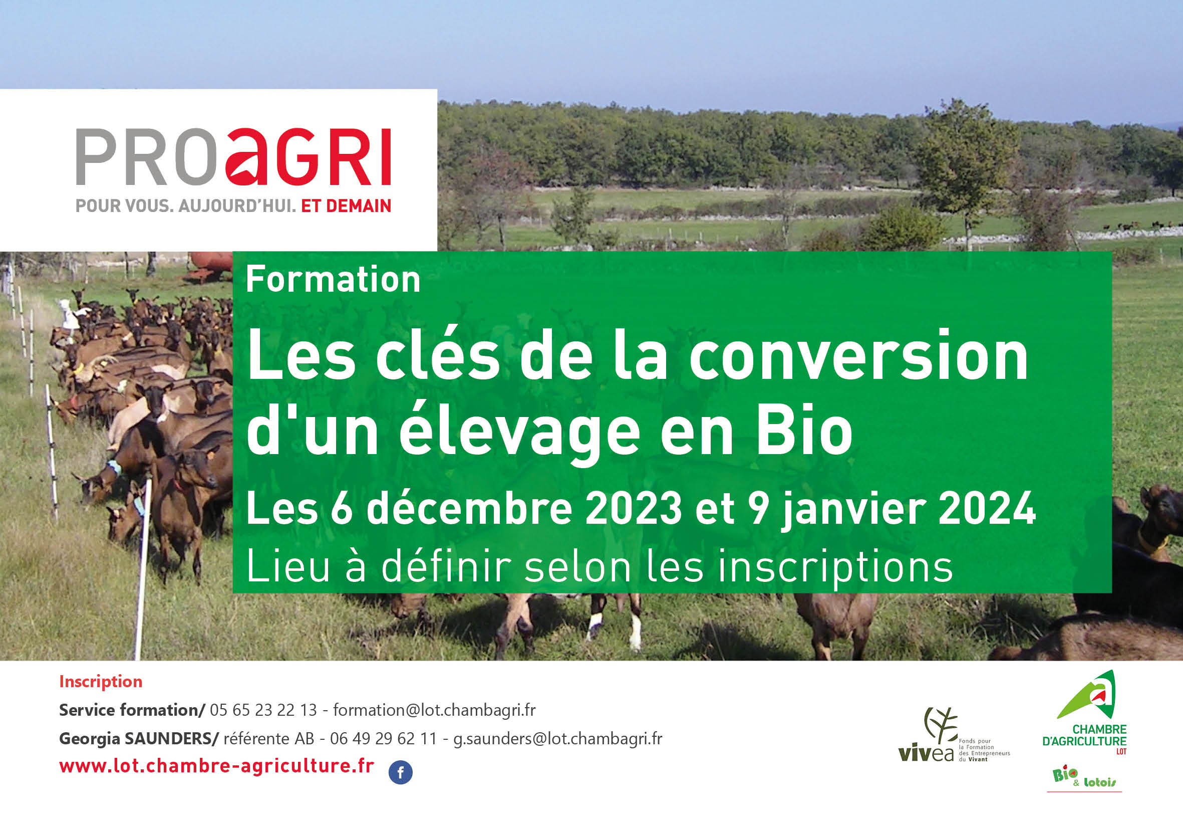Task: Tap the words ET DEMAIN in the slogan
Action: (x=346, y=206)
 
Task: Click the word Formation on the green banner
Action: (x=333, y=280)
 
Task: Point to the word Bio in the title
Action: (x=804, y=431)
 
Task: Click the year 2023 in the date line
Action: (x=633, y=508)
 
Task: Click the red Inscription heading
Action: (x=101, y=682)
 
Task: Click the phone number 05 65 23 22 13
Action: (x=263, y=710)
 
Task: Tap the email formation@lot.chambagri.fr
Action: (x=434, y=710)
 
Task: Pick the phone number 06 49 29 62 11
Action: (x=383, y=738)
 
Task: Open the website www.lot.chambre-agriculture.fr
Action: (x=216, y=766)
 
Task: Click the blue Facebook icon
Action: (x=400, y=772)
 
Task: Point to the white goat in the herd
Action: (x=68, y=313)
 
